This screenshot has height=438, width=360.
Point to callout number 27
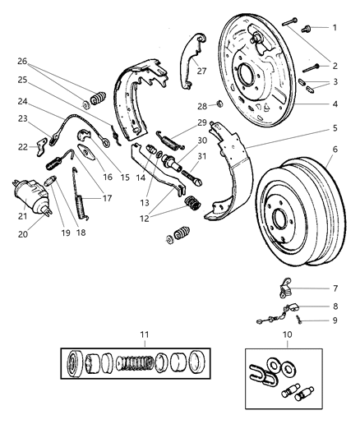(201, 71)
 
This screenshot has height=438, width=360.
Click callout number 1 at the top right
(335, 28)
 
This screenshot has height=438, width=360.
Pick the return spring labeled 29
(173, 138)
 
